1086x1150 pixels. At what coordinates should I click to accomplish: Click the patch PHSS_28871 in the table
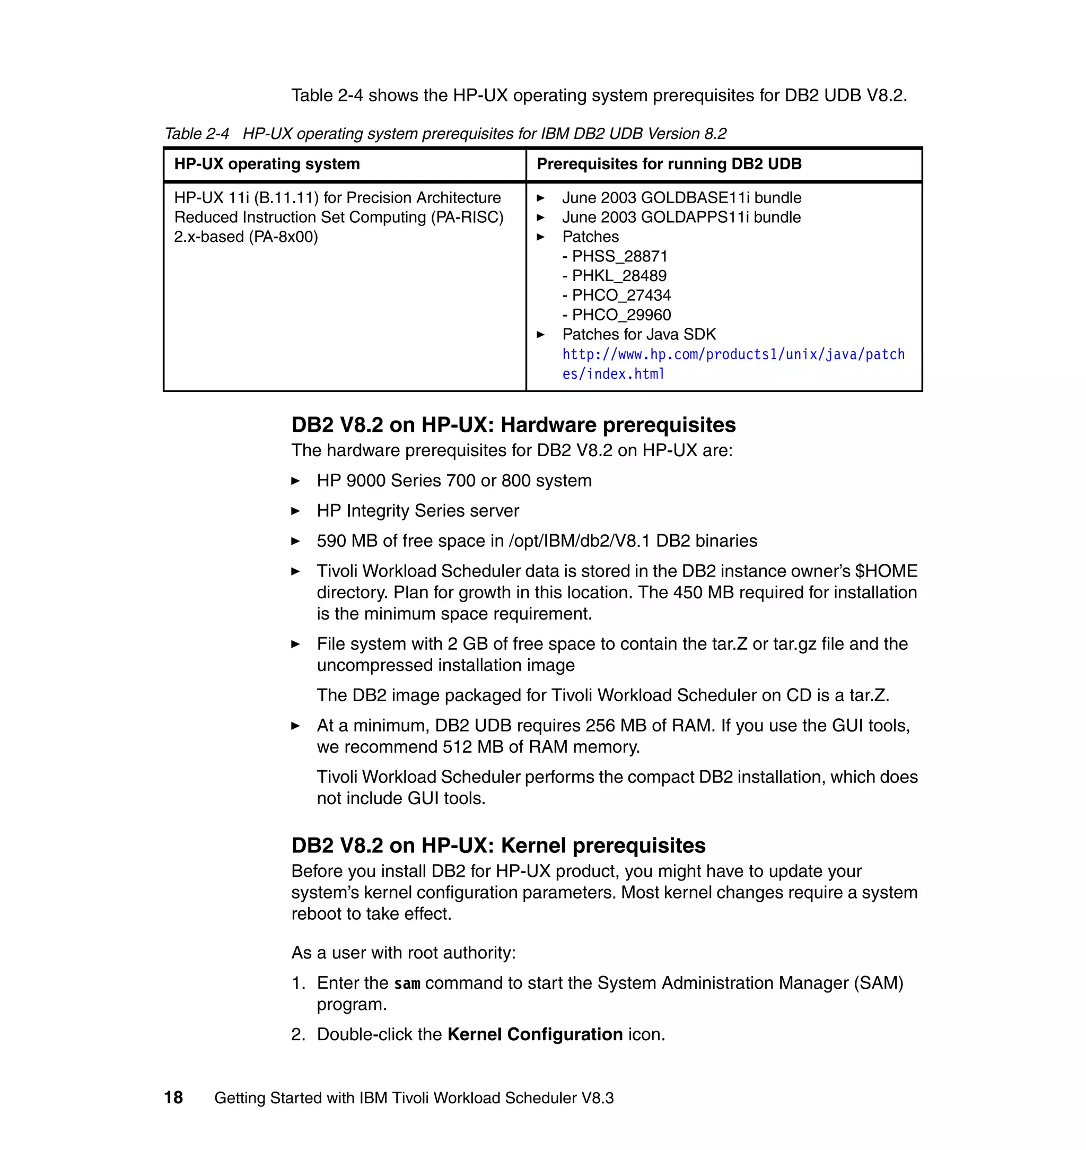pos(619,256)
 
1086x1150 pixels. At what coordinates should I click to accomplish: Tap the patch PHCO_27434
pos(620,295)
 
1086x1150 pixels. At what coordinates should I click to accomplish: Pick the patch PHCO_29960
pos(620,315)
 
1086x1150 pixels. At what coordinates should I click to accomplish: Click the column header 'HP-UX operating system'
pos(267,164)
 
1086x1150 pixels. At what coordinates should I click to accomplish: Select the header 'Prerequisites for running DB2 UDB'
pos(669,164)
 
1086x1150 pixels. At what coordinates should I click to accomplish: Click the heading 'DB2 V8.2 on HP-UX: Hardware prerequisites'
pos(513,425)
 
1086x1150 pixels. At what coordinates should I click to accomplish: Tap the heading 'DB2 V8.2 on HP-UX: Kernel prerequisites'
pos(498,846)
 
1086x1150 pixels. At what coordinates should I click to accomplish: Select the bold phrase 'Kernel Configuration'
pos(535,1034)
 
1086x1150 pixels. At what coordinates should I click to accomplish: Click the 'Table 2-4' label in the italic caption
pos(197,134)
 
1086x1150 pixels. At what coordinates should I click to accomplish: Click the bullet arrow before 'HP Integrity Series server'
pos(295,511)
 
